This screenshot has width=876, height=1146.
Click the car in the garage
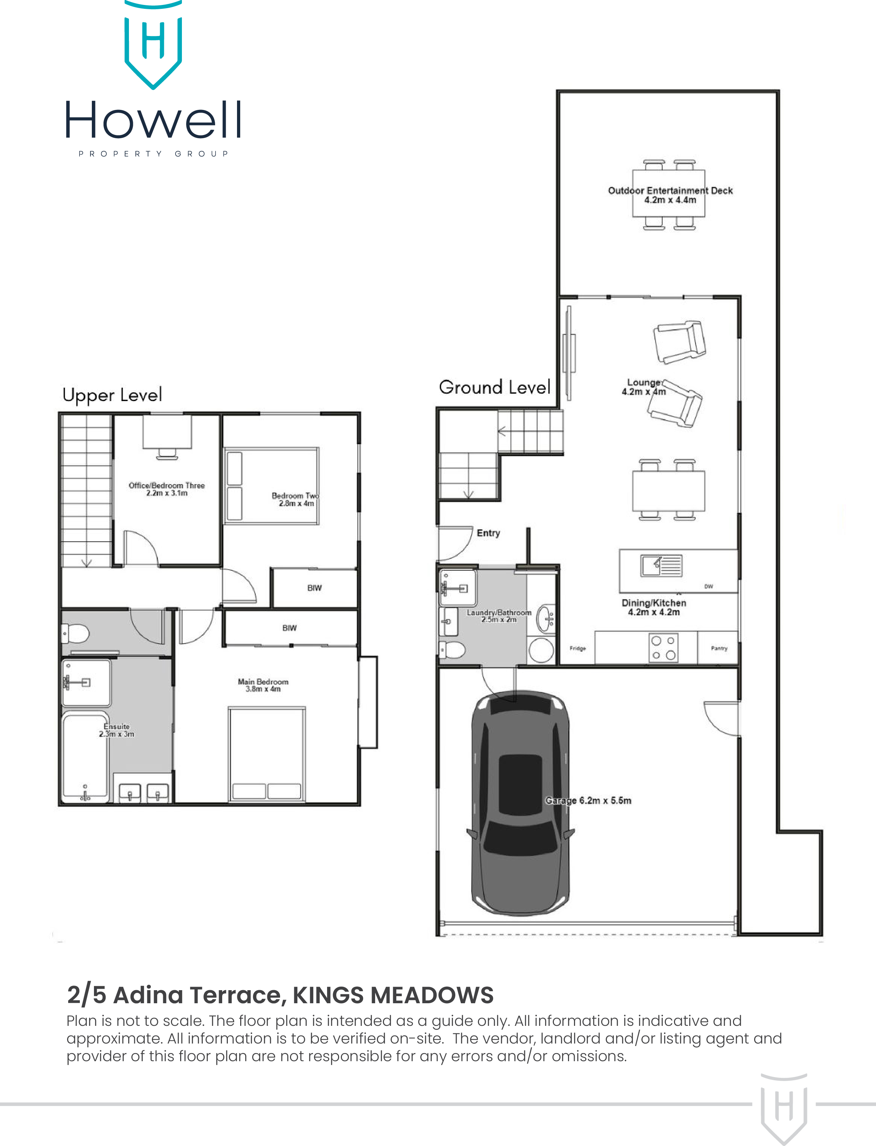(520, 803)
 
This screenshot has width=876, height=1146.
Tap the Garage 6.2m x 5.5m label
(588, 800)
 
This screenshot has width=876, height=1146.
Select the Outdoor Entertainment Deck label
(670, 191)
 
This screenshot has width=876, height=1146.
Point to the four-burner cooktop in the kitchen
(663, 648)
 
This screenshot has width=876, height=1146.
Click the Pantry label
(719, 648)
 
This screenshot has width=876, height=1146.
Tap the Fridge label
(578, 648)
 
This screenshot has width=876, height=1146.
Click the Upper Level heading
(112, 395)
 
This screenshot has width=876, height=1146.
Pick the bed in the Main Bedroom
(266, 754)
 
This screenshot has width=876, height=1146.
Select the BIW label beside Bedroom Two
(314, 588)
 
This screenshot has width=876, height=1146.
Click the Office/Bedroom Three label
(167, 486)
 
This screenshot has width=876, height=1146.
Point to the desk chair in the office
(167, 454)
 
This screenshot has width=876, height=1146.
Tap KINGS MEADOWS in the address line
(393, 995)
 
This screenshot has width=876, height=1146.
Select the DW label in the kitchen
(709, 586)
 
